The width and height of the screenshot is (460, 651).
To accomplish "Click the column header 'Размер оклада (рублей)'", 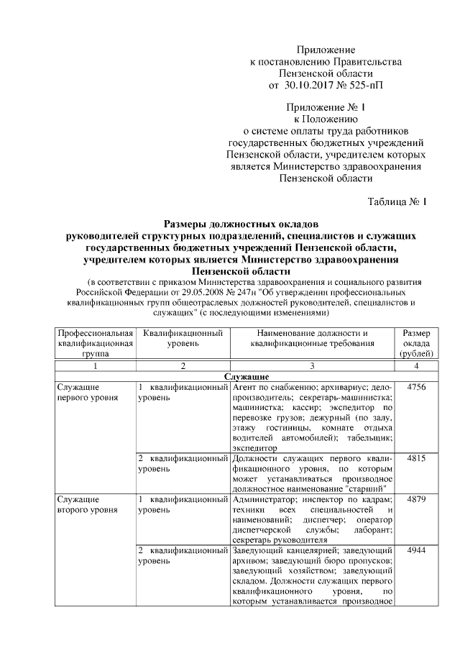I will [417, 343].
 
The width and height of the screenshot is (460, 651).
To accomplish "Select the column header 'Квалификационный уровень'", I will [183, 338].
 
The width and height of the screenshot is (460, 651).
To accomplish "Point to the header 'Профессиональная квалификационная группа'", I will [96, 343].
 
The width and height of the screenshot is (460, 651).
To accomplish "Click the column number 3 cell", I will [312, 366].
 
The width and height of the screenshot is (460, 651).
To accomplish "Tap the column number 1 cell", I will [96, 366].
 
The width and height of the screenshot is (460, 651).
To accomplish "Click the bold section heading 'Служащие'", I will [247, 377].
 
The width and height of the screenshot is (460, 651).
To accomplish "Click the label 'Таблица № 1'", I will [397, 201].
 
